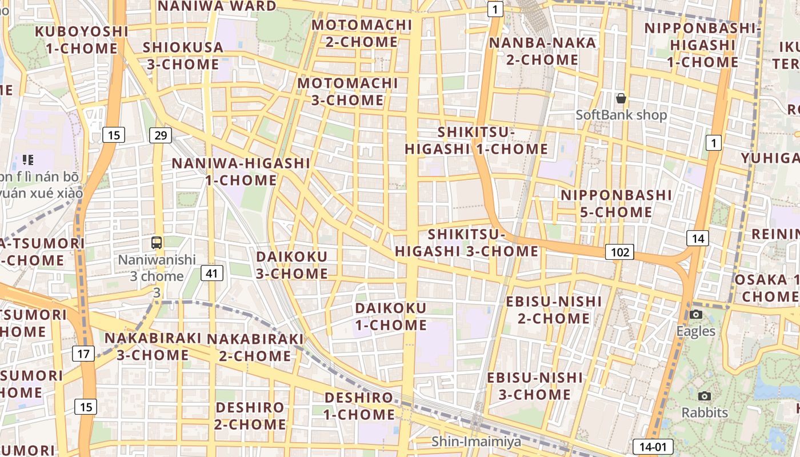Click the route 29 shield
pos(161,135)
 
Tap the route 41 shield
pos(212,273)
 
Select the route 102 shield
pos(619,252)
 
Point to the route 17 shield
pos(83,354)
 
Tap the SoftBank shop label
pos(621,115)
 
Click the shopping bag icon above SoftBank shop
pos(621,98)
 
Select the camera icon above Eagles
pos(695,314)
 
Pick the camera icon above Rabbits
pos(705,396)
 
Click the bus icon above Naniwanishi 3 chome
pos(157,242)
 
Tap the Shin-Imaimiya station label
pos(476,442)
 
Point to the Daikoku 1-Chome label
pos(391,316)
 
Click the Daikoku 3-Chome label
pos(291,264)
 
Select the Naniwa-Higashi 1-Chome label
pos(241,171)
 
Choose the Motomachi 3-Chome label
pos(347,91)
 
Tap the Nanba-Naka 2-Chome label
pos(534,51)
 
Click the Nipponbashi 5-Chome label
pos(616,203)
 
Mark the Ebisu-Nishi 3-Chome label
pos(535,386)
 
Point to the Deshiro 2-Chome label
pos(250,416)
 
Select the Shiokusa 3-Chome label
pos(183,55)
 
